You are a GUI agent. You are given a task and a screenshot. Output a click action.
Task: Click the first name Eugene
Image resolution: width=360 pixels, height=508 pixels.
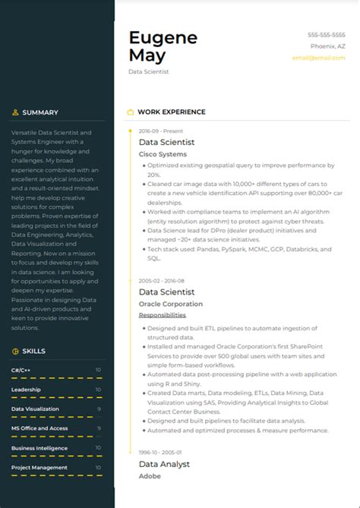pyautogui.click(x=163, y=38)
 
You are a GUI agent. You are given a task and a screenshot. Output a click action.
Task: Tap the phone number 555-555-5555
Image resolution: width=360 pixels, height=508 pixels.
pyautogui.click(x=327, y=35)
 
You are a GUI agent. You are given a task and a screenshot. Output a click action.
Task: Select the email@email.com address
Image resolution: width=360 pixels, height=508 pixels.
pyautogui.click(x=319, y=58)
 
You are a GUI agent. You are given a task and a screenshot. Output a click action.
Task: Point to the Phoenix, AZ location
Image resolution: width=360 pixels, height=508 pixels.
pyautogui.click(x=328, y=46)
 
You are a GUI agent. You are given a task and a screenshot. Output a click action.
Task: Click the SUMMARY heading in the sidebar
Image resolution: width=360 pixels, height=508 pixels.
pyautogui.click(x=39, y=112)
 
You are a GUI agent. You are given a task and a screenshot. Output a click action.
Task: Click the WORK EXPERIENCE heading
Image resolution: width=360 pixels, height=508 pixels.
pyautogui.click(x=171, y=112)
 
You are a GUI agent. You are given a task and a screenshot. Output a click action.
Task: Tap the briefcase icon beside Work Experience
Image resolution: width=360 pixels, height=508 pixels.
pyautogui.click(x=130, y=112)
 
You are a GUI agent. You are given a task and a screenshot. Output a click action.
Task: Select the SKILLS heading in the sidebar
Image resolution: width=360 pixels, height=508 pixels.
pyautogui.click(x=33, y=351)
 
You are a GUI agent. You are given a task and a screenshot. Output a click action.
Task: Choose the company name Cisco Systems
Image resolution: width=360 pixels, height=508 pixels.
pyautogui.click(x=162, y=154)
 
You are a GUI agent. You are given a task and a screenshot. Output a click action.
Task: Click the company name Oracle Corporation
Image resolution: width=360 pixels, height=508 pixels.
pyautogui.click(x=170, y=304)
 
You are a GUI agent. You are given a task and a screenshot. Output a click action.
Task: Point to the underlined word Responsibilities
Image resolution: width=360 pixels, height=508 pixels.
pyautogui.click(x=162, y=315)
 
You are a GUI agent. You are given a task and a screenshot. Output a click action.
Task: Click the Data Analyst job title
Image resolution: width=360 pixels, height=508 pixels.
pyautogui.click(x=164, y=464)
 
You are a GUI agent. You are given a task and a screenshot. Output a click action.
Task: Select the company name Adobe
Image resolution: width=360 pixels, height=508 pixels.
pyautogui.click(x=150, y=476)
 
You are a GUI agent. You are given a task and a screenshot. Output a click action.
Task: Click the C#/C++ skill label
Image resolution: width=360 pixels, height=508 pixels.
pyautogui.click(x=21, y=370)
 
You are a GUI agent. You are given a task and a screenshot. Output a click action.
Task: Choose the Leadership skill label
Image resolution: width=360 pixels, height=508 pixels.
pyautogui.click(x=26, y=390)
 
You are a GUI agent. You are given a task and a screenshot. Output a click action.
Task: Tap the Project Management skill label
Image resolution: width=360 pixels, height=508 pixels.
pyautogui.click(x=39, y=467)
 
